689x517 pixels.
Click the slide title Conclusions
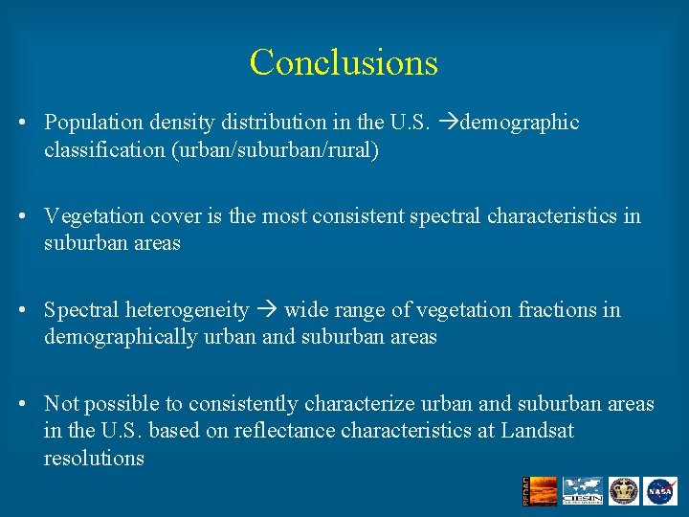344,63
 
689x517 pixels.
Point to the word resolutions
94,458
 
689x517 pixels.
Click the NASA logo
659,491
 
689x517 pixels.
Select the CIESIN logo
582,491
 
